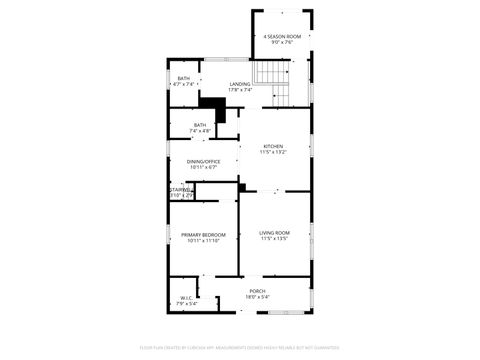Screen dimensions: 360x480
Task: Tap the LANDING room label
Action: (x=240, y=84)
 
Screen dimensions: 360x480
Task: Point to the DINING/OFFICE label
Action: (x=203, y=161)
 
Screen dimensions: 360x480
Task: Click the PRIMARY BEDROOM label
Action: (x=203, y=235)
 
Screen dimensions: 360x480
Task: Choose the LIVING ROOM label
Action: (x=273, y=233)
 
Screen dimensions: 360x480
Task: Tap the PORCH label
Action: (x=258, y=291)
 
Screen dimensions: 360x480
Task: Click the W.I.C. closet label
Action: (x=187, y=297)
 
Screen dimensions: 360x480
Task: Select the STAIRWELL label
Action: (x=180, y=189)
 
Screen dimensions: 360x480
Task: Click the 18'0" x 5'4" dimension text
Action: (x=258, y=297)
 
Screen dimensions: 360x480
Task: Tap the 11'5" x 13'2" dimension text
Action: (x=273, y=152)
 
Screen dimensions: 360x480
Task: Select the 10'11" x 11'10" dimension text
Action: (x=203, y=241)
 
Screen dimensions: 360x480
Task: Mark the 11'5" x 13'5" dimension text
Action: (x=273, y=239)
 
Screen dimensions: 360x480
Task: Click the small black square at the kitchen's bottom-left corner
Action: (x=242, y=186)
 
